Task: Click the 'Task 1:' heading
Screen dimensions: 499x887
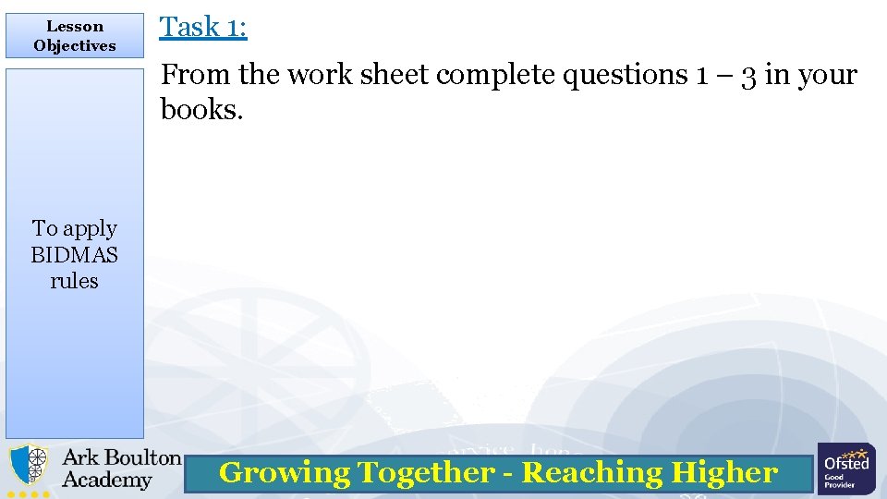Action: tap(203, 27)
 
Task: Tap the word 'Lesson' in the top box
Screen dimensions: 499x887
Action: tap(75, 27)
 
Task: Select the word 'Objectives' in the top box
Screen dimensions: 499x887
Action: tap(75, 45)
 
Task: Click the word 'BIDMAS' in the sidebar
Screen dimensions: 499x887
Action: tap(75, 254)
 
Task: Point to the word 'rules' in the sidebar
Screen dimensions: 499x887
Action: tap(75, 280)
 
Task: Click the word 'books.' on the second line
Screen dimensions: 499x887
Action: tap(201, 109)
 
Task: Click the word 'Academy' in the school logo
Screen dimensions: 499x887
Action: tap(106, 480)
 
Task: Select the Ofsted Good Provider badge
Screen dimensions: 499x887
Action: tap(846, 469)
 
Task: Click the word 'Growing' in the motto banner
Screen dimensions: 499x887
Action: tap(285, 473)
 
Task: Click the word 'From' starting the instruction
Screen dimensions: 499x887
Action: tap(196, 75)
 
